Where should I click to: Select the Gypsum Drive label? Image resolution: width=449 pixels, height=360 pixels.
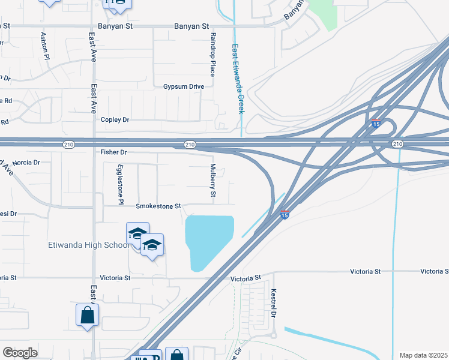pos(184,86)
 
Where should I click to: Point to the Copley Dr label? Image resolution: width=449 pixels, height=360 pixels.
pos(115,120)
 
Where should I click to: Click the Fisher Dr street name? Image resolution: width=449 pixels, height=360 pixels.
pos(115,152)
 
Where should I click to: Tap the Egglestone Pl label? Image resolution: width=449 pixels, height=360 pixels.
pos(121,184)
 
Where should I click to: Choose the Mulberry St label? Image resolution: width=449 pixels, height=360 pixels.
pos(212,182)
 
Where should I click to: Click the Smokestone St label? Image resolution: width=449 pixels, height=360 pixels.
pos(158,206)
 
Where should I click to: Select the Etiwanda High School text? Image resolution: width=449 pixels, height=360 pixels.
pos(88,245)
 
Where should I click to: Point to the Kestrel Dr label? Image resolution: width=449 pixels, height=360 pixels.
pos(273,304)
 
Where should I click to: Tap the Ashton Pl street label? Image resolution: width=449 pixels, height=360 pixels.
pos(44,46)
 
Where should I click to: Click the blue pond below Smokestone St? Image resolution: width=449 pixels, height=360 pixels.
pos(207,240)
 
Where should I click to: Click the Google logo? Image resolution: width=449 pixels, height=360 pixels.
pos(20,353)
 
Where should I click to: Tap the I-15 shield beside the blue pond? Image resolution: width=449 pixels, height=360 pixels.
pos(285,214)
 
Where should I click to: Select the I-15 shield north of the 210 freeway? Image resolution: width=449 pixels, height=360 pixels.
pos(375,124)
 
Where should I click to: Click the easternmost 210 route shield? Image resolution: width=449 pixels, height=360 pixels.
pos(397,144)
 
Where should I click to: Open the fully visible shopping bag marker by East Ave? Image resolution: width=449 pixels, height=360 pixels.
pos(87,314)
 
